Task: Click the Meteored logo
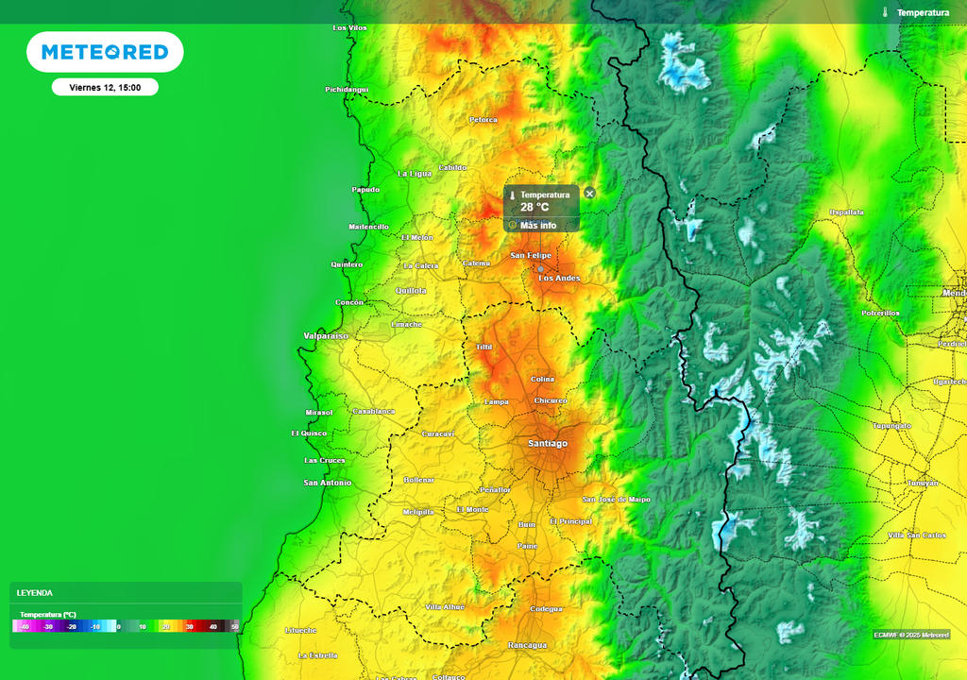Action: pyautogui.click(x=105, y=52)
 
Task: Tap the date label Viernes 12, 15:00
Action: pyautogui.click(x=105, y=87)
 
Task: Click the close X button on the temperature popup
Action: pyautogui.click(x=589, y=194)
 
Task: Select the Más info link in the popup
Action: pyautogui.click(x=537, y=225)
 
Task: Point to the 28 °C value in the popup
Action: pyautogui.click(x=534, y=207)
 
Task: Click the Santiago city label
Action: pyautogui.click(x=548, y=443)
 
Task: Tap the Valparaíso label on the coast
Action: pyautogui.click(x=325, y=336)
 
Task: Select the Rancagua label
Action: pyautogui.click(x=527, y=645)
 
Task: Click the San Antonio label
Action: pyautogui.click(x=327, y=483)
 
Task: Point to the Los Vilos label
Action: pyautogui.click(x=349, y=28)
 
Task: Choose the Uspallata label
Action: pyautogui.click(x=846, y=212)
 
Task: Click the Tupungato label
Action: pyautogui.click(x=891, y=426)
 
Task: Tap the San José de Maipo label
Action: pyautogui.click(x=616, y=499)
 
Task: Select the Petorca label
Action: pyautogui.click(x=483, y=120)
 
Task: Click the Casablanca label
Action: pyautogui.click(x=373, y=412)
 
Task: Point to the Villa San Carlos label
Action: pyautogui.click(x=916, y=535)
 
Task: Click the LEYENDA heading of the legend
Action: pyautogui.click(x=35, y=593)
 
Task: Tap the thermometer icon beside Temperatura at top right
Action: pyautogui.click(x=885, y=12)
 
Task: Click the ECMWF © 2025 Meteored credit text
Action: pyautogui.click(x=911, y=635)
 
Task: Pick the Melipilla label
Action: pyautogui.click(x=417, y=512)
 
